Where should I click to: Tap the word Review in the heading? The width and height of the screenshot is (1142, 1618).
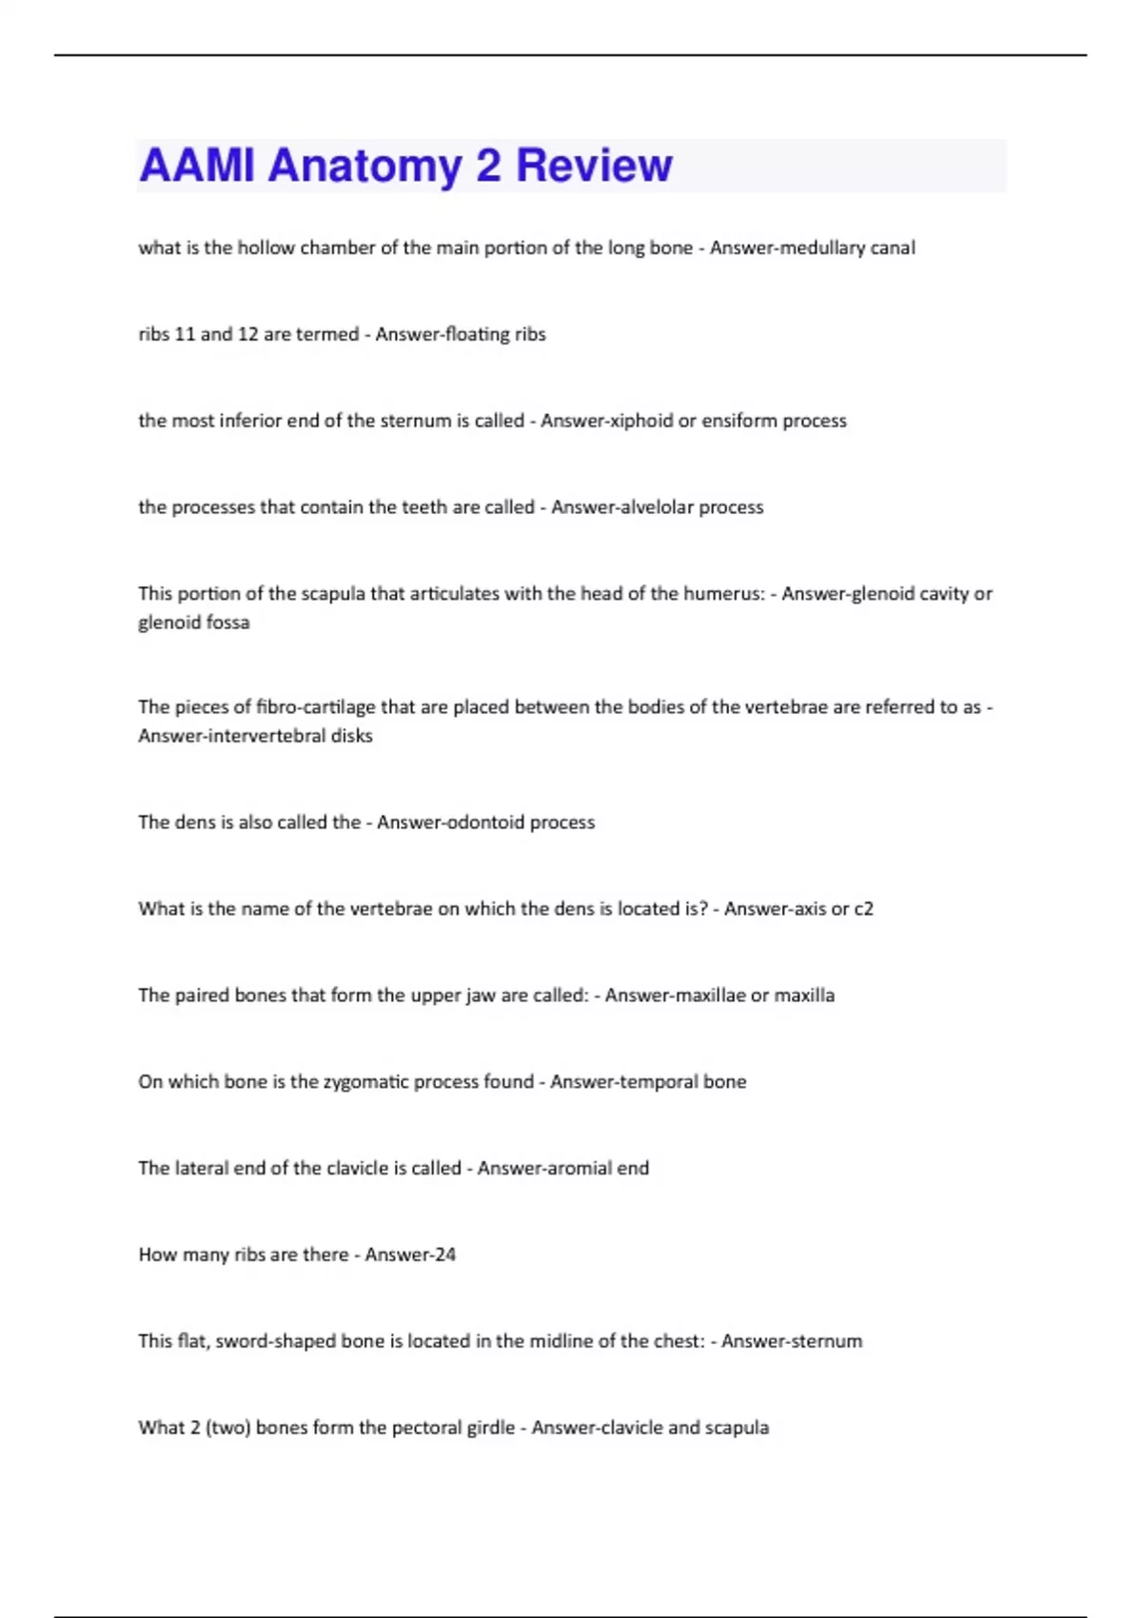594,166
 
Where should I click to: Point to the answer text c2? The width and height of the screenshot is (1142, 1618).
863,909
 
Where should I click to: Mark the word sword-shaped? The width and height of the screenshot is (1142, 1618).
276,1342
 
